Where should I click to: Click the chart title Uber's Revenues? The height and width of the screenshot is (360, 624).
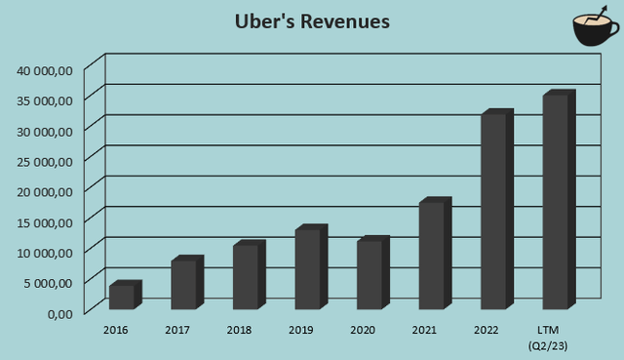[x=311, y=21]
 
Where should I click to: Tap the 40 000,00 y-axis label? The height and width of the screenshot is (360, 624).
[x=45, y=69]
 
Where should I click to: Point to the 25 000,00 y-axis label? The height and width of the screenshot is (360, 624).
[x=45, y=160]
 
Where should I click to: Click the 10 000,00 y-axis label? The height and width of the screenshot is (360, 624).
[x=45, y=252]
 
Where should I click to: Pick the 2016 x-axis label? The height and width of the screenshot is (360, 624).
[x=116, y=330]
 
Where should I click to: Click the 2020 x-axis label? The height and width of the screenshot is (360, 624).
[x=364, y=330]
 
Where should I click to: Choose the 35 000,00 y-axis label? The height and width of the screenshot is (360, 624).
[x=45, y=100]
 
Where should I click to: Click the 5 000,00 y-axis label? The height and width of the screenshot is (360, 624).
[x=48, y=282]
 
